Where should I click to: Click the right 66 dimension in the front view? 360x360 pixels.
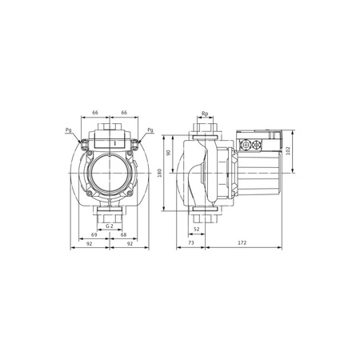(125, 113)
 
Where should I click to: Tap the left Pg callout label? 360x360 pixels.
(68, 130)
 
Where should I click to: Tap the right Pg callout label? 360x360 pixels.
(150, 130)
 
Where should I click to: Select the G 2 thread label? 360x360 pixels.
(110, 225)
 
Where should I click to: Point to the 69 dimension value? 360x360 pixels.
(94, 235)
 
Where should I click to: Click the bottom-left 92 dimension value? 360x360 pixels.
(90, 246)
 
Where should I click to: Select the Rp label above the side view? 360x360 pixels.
(206, 114)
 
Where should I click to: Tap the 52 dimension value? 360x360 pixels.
(197, 229)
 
